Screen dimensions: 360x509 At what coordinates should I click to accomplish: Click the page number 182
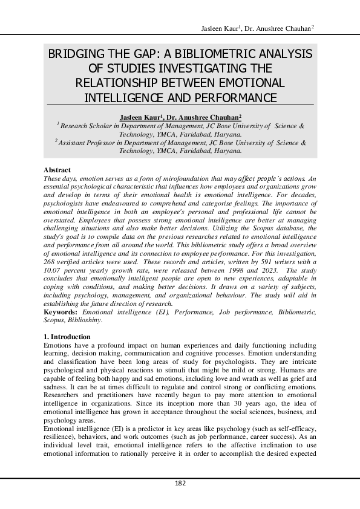point(180,483)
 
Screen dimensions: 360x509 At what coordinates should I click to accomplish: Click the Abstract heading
point(57,170)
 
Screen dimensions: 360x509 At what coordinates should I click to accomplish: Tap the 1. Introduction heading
point(68,337)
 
